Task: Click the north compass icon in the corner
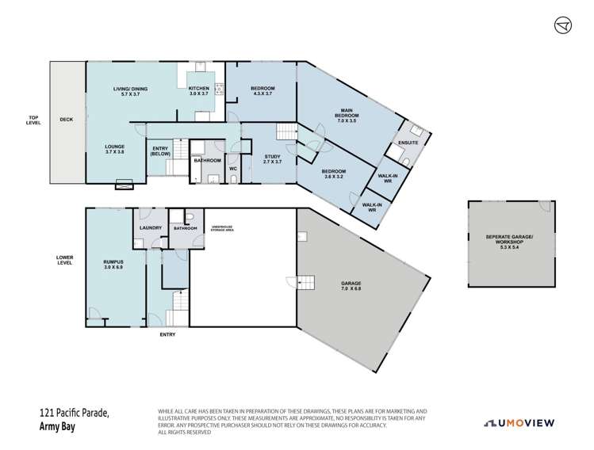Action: pyautogui.click(x=562, y=26)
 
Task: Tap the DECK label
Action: pyautogui.click(x=66, y=120)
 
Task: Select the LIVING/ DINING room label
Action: pyautogui.click(x=126, y=90)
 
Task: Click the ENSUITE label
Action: pyautogui.click(x=409, y=143)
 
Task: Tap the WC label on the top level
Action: pyautogui.click(x=233, y=168)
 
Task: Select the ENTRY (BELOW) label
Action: pyautogui.click(x=160, y=151)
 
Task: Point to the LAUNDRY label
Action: pyautogui.click(x=150, y=229)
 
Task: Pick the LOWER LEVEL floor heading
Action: pyautogui.click(x=64, y=260)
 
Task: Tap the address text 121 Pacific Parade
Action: pyautogui.click(x=73, y=411)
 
